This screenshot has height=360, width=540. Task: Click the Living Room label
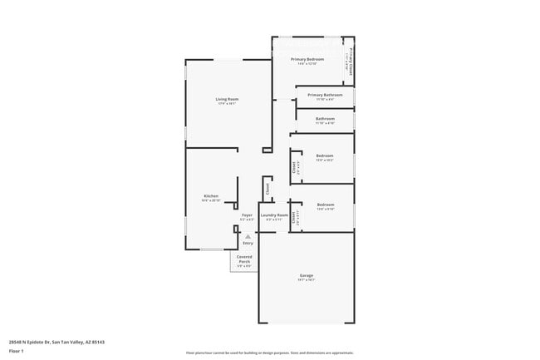tap(228, 99)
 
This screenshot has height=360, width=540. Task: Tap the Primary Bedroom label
tap(307, 59)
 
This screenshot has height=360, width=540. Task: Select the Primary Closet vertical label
tap(351, 60)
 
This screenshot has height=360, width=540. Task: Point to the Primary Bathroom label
tap(325, 95)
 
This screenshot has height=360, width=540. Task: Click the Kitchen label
tap(210, 195)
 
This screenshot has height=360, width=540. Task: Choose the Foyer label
tap(247, 215)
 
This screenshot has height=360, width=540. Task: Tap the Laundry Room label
tap(274, 215)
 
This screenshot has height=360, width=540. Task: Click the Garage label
tap(307, 275)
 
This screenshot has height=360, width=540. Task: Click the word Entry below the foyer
tap(248, 243)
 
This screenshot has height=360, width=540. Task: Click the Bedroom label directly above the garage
tap(325, 205)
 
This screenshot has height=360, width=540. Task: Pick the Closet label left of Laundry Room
tap(268, 190)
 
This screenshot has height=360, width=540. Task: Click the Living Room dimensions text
tap(228, 104)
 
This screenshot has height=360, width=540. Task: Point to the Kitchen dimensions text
tap(210, 200)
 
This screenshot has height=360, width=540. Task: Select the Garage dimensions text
tap(307, 280)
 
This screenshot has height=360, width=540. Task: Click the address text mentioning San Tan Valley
tap(56, 341)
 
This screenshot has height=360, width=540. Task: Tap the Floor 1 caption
tap(17, 351)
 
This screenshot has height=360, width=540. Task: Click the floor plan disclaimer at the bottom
tap(269, 353)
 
